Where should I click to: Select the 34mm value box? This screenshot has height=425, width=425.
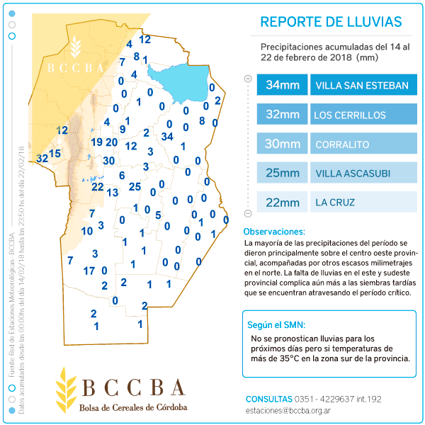(x=282, y=86)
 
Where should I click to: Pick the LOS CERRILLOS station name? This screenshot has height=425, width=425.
(x=350, y=115)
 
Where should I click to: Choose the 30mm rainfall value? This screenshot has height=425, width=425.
(x=282, y=144)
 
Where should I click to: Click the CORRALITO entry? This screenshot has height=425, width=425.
(x=342, y=144)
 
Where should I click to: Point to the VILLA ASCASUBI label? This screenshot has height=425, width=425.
(x=352, y=174)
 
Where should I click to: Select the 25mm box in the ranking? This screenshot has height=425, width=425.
(x=282, y=174)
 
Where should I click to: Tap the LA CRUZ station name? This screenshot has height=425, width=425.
(x=335, y=203)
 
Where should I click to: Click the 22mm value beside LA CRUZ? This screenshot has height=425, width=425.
(x=282, y=203)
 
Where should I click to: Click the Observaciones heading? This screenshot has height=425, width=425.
(x=274, y=232)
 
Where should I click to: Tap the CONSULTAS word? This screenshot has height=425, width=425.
(x=268, y=398)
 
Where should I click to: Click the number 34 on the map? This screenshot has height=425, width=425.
(x=167, y=136)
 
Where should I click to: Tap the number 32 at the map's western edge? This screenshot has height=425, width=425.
(x=42, y=158)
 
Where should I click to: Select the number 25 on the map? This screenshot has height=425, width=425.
(x=135, y=186)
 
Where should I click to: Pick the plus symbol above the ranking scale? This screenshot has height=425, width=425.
(x=248, y=79)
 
